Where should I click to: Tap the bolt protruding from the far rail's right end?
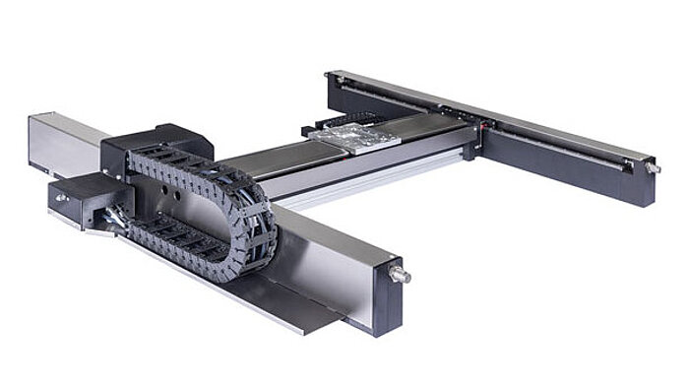tap(652, 168)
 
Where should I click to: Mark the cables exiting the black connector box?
tap(117, 213)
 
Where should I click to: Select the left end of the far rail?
tap(336, 78)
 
